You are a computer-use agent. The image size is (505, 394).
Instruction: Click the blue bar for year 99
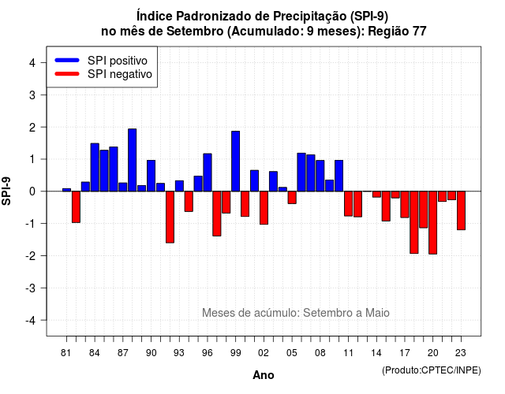[235, 161]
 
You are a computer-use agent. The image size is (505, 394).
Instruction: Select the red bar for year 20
[433, 222]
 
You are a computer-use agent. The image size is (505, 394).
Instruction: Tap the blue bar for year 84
[95, 167]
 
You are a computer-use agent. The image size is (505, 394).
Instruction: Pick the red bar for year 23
[461, 210]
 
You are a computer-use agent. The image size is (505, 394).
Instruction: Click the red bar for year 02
[264, 208]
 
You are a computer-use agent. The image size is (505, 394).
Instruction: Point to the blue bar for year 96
[208, 173]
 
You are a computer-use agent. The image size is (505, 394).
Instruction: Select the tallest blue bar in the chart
[132, 160]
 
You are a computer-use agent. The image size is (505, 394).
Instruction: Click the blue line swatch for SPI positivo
[67, 60]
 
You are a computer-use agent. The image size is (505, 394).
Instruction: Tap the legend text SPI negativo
[119, 74]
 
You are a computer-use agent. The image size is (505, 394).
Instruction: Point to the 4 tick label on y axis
[32, 63]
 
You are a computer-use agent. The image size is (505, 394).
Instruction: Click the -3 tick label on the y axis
[31, 288]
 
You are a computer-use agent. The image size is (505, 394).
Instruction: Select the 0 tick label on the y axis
[32, 191]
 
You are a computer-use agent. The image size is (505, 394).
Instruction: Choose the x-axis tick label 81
[65, 353]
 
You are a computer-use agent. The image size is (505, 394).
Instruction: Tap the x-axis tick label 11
[348, 353]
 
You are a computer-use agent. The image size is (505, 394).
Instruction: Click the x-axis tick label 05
[291, 353]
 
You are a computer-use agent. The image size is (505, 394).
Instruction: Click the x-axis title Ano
[264, 375]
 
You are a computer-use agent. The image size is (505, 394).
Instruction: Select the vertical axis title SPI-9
[6, 191]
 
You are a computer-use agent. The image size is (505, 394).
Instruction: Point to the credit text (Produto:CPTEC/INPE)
[432, 370]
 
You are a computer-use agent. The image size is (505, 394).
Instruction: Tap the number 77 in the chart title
[419, 32]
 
